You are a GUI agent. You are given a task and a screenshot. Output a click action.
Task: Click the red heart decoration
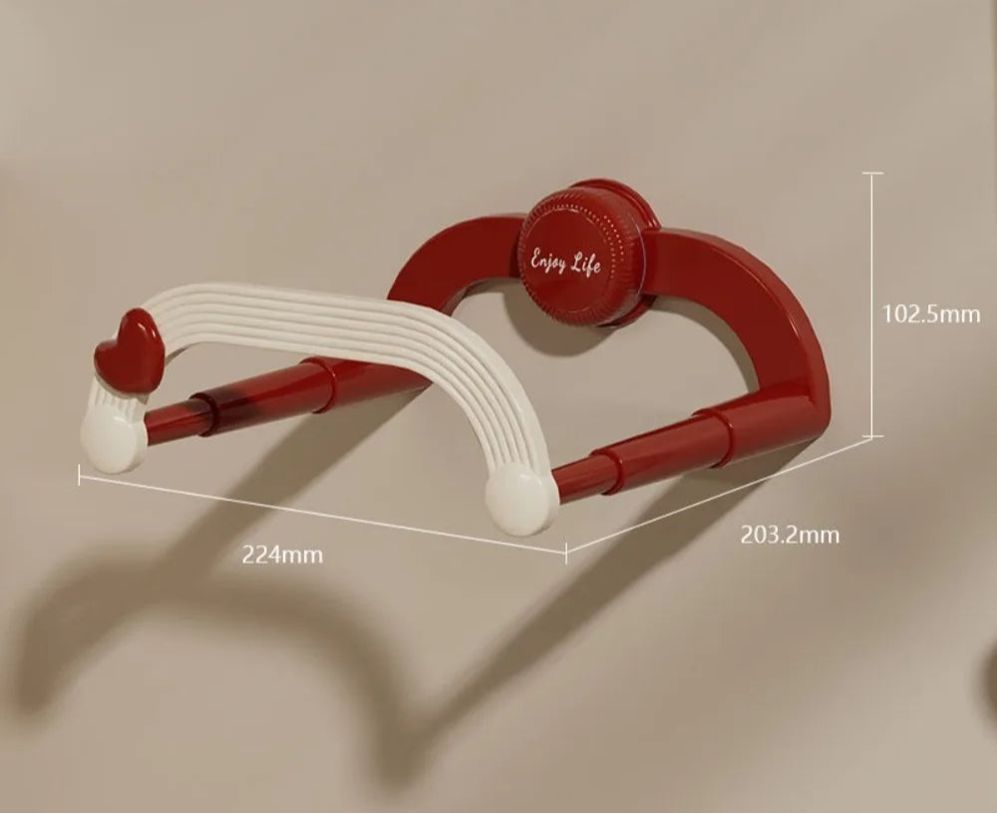pyautogui.click(x=126, y=349)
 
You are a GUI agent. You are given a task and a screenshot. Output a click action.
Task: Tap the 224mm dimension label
pyautogui.click(x=282, y=555)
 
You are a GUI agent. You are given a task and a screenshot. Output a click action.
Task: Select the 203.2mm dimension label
pyautogui.click(x=790, y=535)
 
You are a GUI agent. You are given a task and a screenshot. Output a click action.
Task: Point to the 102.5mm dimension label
pyautogui.click(x=931, y=314)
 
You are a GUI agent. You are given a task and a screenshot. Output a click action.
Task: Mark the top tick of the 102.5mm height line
pyautogui.click(x=872, y=174)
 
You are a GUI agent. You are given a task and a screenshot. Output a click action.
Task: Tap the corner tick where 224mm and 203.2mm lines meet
pyautogui.click(x=565, y=550)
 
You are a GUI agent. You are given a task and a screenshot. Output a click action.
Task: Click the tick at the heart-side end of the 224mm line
pyautogui.click(x=80, y=476)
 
